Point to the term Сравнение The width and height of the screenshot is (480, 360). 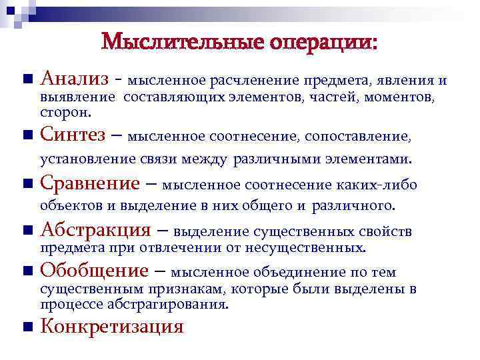[90, 183]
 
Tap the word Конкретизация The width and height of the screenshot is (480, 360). [111, 327]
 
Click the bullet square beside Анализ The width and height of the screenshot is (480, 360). [26, 79]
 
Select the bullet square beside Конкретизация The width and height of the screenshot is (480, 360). [26, 327]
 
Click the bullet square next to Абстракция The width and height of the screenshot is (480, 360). [26, 231]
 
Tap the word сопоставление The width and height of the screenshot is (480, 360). [359, 137]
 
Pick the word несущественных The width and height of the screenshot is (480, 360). [318, 248]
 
